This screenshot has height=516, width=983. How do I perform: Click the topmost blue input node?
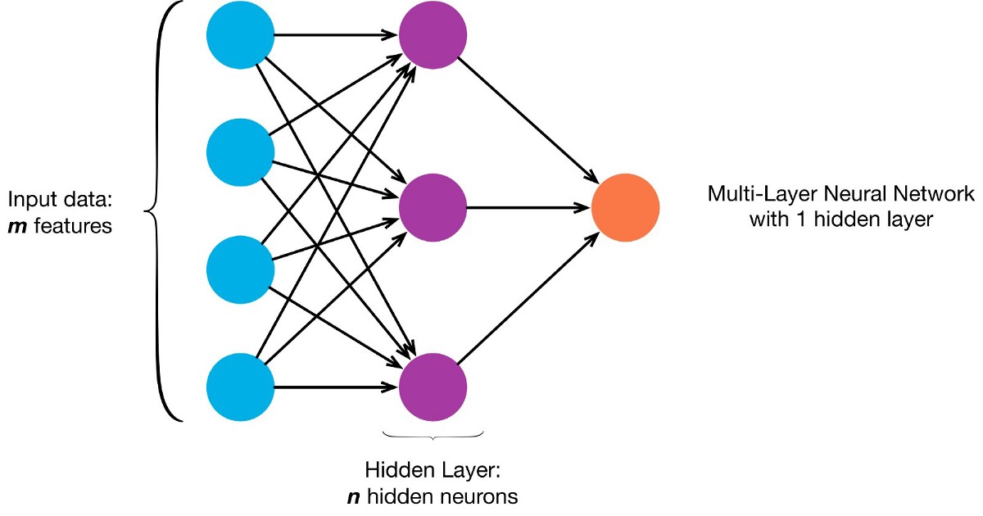[x=239, y=36]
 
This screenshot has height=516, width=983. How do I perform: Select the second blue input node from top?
[x=239, y=152]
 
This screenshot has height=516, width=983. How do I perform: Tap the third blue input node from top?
[x=239, y=269]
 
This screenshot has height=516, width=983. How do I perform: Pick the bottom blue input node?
[x=239, y=386]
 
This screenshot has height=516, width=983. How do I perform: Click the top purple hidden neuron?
[x=433, y=36]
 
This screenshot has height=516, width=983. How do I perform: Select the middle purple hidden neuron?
[x=433, y=207]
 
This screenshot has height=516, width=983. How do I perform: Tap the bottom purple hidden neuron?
[x=433, y=386]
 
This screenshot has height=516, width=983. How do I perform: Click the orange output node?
[x=625, y=207]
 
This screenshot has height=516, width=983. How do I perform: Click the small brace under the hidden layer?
[x=433, y=436]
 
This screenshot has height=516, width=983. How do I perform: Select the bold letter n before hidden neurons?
[x=353, y=496]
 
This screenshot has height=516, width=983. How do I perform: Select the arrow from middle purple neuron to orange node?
[x=528, y=207]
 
